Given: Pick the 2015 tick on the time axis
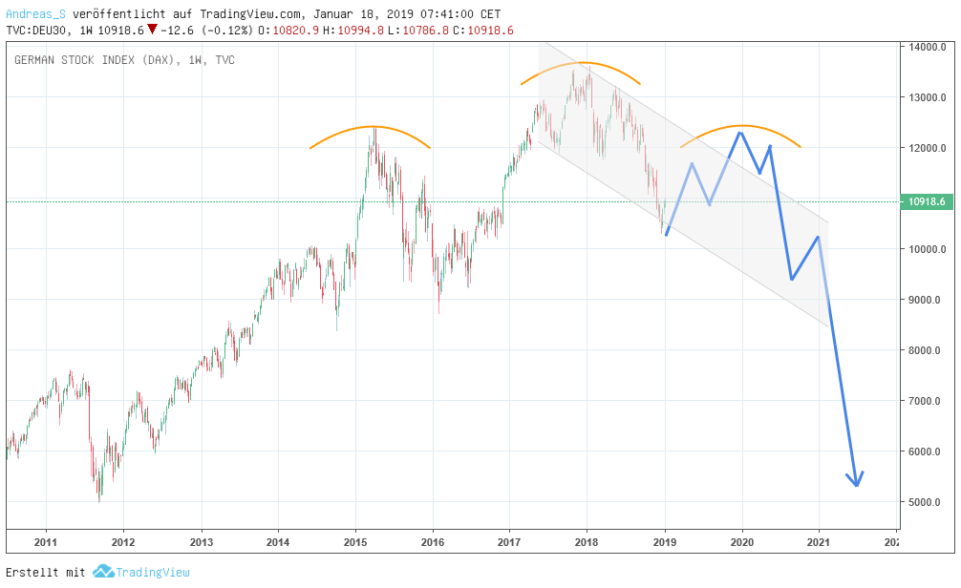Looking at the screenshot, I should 355,542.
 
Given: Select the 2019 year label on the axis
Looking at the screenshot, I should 665,542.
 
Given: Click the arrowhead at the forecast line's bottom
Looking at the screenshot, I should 856,482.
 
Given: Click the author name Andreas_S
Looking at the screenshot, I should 33,14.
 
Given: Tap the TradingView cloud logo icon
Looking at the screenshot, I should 103,572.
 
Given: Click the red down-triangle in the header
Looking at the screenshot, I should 152,31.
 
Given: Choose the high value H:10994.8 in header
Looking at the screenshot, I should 356,31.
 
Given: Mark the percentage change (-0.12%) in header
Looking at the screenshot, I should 225,31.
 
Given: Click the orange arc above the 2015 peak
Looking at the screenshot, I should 371,127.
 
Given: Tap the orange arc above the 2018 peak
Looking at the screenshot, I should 581,63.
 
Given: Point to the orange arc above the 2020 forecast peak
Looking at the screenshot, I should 740,126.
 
